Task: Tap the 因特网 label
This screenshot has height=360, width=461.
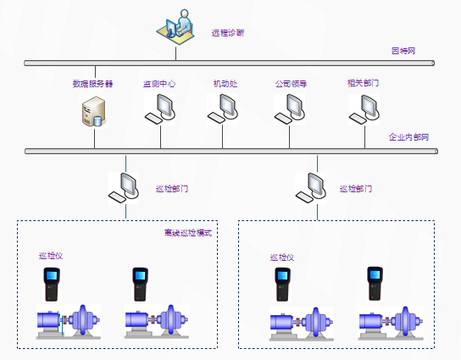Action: click(x=403, y=52)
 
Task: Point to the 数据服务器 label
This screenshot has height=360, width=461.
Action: click(x=93, y=84)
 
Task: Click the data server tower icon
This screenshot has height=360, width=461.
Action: click(x=93, y=112)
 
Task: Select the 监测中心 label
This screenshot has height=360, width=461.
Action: click(x=159, y=84)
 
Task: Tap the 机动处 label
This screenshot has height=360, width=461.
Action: click(x=225, y=84)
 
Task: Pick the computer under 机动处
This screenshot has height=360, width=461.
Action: click(x=224, y=108)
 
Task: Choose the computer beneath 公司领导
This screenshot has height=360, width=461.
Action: click(x=292, y=108)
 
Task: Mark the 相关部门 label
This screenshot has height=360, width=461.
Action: click(x=363, y=83)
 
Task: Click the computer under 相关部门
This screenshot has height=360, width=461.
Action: click(x=365, y=108)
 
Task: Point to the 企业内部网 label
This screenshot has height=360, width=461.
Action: click(x=408, y=137)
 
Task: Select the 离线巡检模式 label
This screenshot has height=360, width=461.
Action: click(x=187, y=233)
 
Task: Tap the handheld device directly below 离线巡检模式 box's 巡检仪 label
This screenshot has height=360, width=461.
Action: click(x=53, y=285)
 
